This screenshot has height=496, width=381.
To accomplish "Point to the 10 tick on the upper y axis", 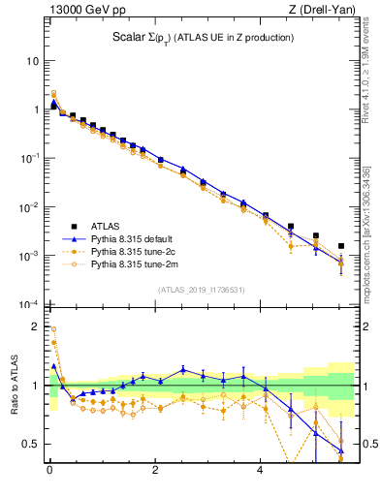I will (32, 61).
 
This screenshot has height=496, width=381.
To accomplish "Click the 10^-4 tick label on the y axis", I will (29, 304).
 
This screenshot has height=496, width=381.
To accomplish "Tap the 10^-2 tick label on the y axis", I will (29, 207).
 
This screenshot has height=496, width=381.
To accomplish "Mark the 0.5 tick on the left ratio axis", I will (30, 445).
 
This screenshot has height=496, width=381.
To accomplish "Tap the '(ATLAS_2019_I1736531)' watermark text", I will (202, 289).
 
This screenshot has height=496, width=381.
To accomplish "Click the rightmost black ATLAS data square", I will (340, 246).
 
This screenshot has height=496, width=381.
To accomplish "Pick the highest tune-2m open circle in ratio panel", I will (53, 328).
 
